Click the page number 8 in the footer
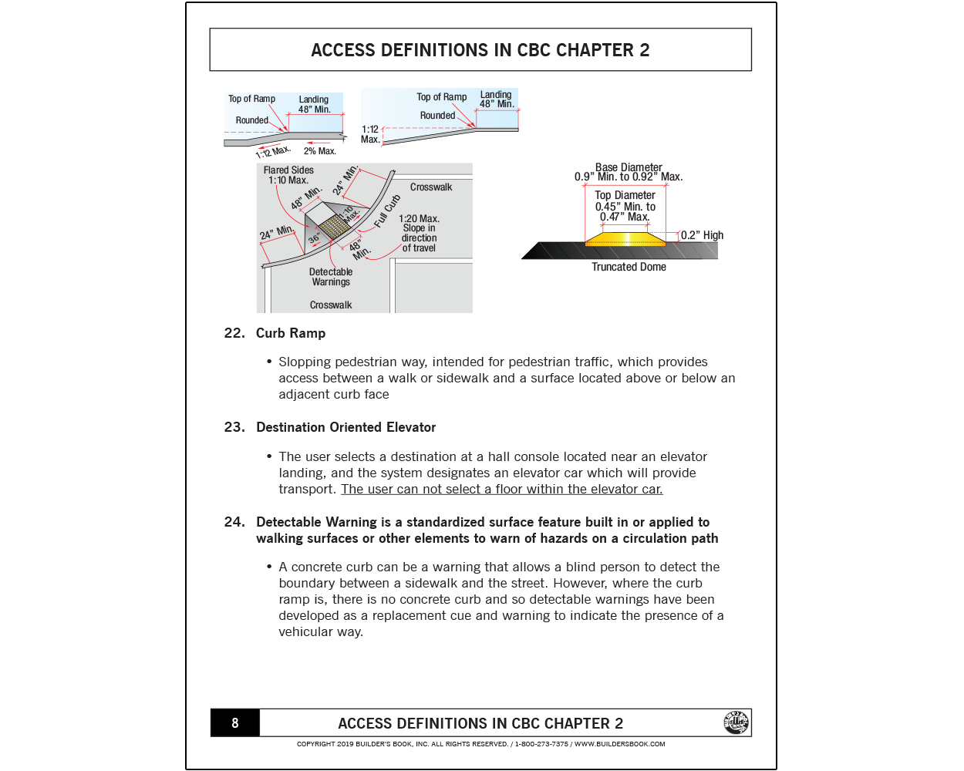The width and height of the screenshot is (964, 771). pyautogui.click(x=235, y=723)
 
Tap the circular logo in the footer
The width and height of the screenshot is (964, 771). pyautogui.click(x=736, y=722)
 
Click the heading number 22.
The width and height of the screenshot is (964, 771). pyautogui.click(x=234, y=333)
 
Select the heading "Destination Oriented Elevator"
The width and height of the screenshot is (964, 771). pyautogui.click(x=345, y=427)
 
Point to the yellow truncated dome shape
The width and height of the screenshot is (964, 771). pyautogui.click(x=625, y=238)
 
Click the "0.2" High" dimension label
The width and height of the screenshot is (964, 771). pyautogui.click(x=702, y=235)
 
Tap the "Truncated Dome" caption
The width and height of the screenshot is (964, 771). pyautogui.click(x=629, y=267)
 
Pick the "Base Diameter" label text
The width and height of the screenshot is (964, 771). pyautogui.click(x=629, y=167)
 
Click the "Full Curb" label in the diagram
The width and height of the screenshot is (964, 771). pyautogui.click(x=387, y=212)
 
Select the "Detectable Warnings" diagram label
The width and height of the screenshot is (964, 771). pyautogui.click(x=331, y=277)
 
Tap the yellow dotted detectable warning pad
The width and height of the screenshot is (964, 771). pyautogui.click(x=333, y=227)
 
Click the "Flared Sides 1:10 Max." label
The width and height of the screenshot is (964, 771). pyautogui.click(x=288, y=175)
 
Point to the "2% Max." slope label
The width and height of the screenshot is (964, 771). pyautogui.click(x=319, y=151)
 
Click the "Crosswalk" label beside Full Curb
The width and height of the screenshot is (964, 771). pyautogui.click(x=431, y=187)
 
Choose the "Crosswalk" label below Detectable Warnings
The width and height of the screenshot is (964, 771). pyautogui.click(x=331, y=305)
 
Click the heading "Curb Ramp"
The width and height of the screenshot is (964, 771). pyautogui.click(x=291, y=333)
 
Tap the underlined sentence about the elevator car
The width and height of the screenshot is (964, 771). pyautogui.click(x=501, y=489)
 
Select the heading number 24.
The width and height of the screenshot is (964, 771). pyautogui.click(x=234, y=522)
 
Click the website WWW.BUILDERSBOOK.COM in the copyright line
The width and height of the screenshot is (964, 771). pyautogui.click(x=619, y=744)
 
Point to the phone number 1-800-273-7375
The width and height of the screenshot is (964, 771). pyautogui.click(x=541, y=744)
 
